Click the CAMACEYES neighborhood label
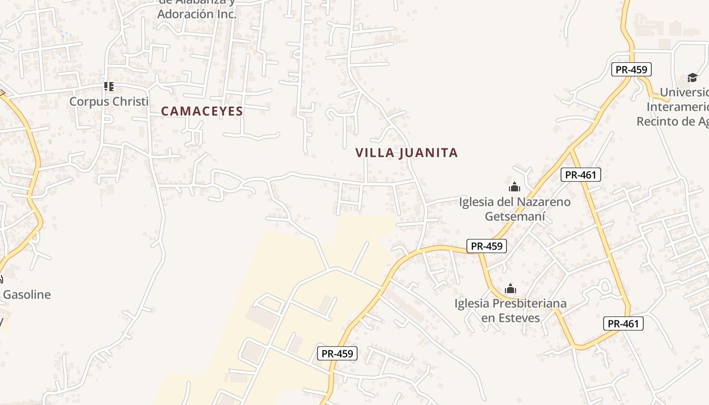click(x=202, y=111)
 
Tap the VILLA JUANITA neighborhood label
click(x=407, y=153)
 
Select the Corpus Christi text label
click(x=109, y=101)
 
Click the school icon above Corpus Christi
click(x=108, y=87)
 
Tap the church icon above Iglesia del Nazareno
click(x=515, y=187)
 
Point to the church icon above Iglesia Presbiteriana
click(x=510, y=289)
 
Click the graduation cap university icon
click(x=692, y=77)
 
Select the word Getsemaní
click(x=515, y=217)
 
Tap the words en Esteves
click(x=510, y=318)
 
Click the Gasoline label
click(x=27, y=295)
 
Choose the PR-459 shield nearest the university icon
click(x=631, y=69)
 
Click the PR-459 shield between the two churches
click(x=486, y=246)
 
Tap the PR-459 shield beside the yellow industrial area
click(x=337, y=353)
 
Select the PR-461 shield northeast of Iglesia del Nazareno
click(x=581, y=175)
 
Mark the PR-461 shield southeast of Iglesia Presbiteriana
click(x=623, y=323)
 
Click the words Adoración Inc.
click(x=196, y=14)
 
